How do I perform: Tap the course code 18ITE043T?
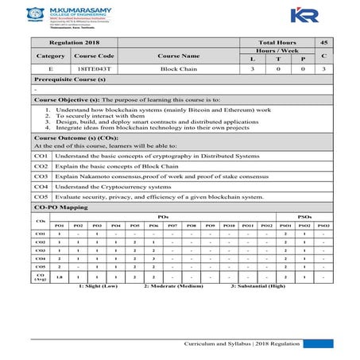(x=94, y=70)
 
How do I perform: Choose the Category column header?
(x=50, y=56)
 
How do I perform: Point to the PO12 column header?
(x=266, y=225)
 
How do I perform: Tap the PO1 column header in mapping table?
(x=58, y=225)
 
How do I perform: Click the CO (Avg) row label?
(x=41, y=277)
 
